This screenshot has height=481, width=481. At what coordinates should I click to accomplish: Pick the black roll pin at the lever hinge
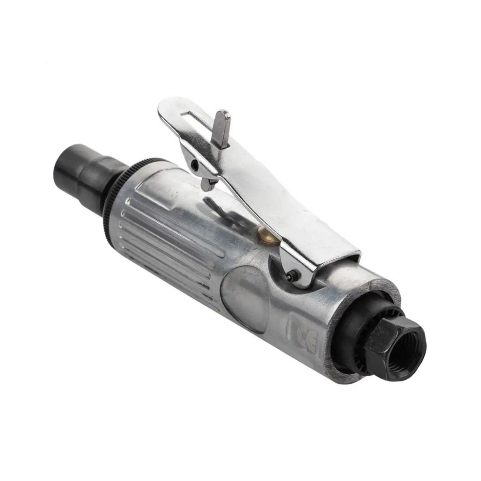tap(291, 274)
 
